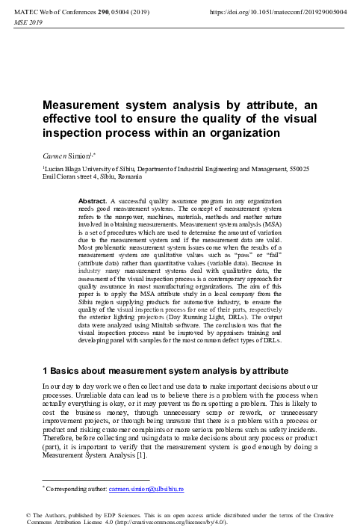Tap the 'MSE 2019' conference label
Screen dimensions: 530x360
[x=29, y=23]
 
